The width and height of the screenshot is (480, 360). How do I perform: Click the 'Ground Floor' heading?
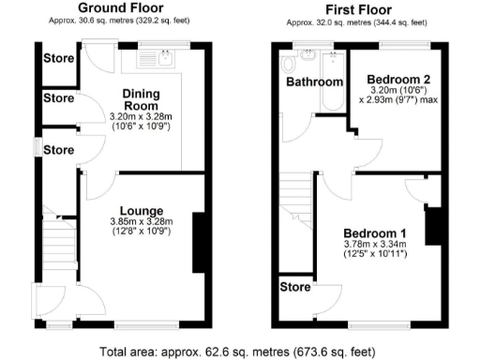pyautogui.click(x=115, y=8)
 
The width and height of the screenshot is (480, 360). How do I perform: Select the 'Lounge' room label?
pyautogui.click(x=142, y=210)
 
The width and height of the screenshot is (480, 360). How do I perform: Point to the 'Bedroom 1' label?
pyautogui.click(x=374, y=232)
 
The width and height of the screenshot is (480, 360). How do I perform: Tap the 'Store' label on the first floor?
pyautogui.click(x=295, y=287)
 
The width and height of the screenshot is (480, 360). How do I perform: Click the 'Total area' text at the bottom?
pyautogui.click(x=240, y=351)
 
